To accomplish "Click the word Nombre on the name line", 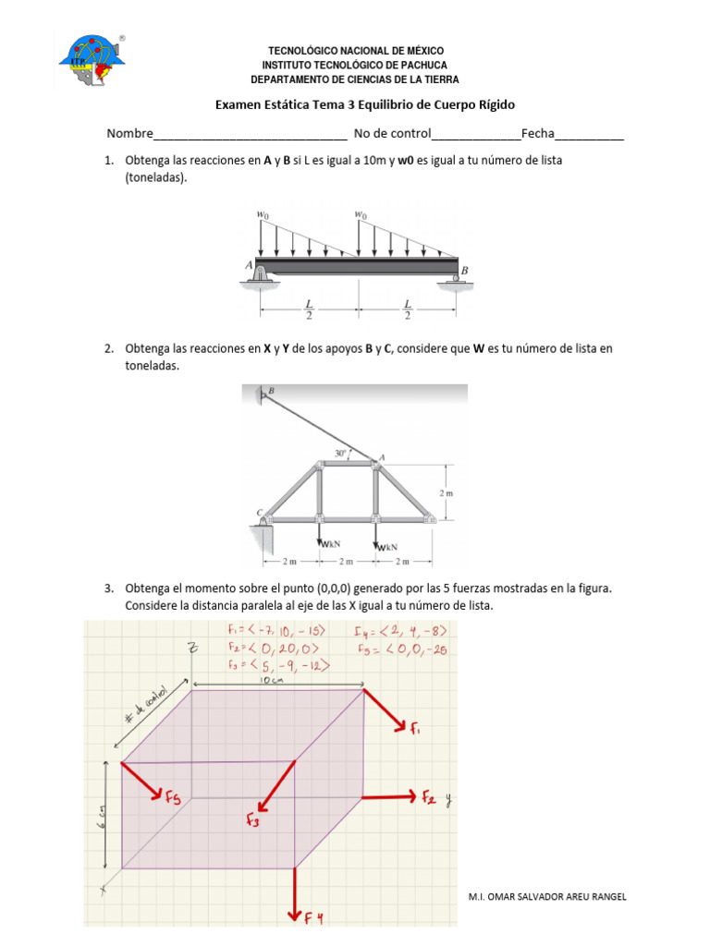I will [129, 133].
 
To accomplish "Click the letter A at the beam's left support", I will [249, 264].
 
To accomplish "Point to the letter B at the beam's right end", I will [465, 270].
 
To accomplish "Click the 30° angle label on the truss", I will [341, 454].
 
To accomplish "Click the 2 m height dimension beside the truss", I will [447, 492].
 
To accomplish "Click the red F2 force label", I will [431, 796].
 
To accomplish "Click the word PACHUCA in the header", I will [424, 65].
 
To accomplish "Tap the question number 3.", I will [108, 588].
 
